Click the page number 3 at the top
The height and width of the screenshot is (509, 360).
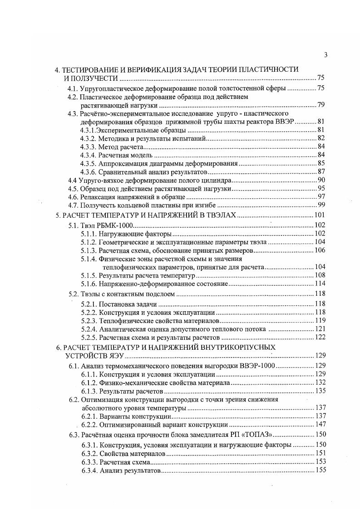325,55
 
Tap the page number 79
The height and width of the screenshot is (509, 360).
321,105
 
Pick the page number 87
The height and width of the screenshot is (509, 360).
321,172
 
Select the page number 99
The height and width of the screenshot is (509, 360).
321,205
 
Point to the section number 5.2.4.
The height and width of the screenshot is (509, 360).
89,329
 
